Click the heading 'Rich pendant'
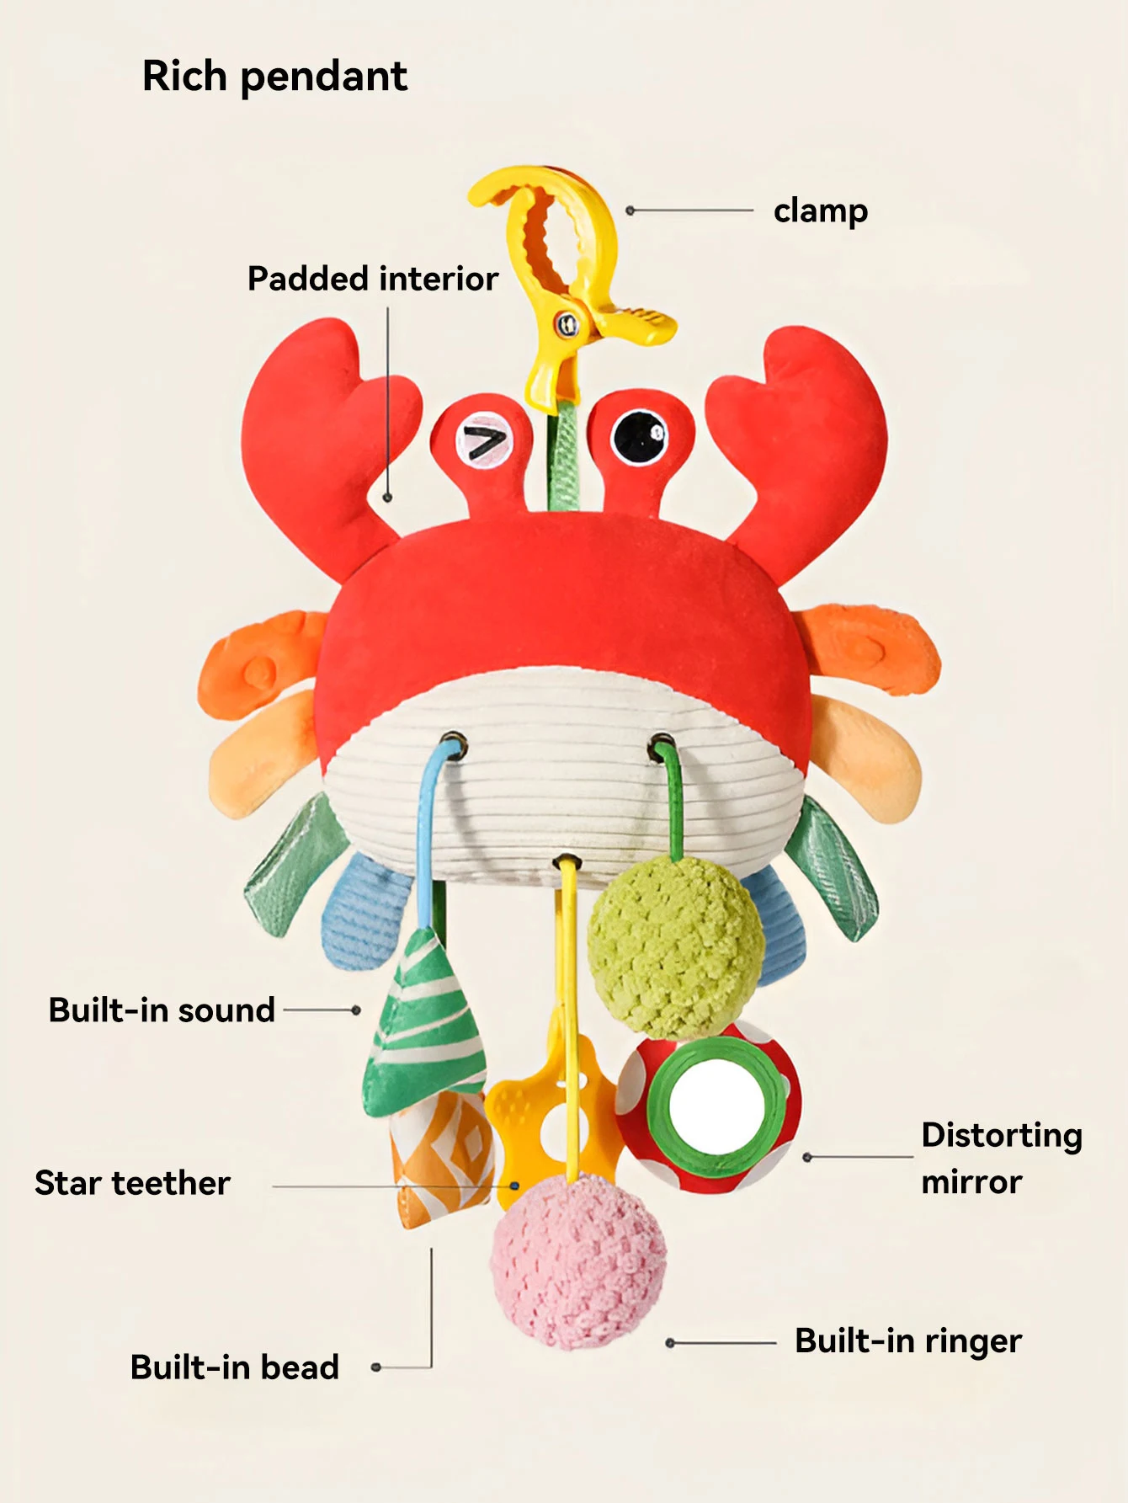pos(274,77)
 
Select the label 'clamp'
pos(821,211)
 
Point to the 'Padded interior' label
pos(373,279)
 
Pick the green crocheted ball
pos(675,946)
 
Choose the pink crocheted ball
pos(578,1261)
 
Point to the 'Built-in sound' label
pos(162,1010)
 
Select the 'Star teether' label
pos(132,1183)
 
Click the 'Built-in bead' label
pos(235,1367)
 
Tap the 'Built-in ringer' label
pos(908,1341)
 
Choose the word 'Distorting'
pos(1002,1136)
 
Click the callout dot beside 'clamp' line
pos(630,211)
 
